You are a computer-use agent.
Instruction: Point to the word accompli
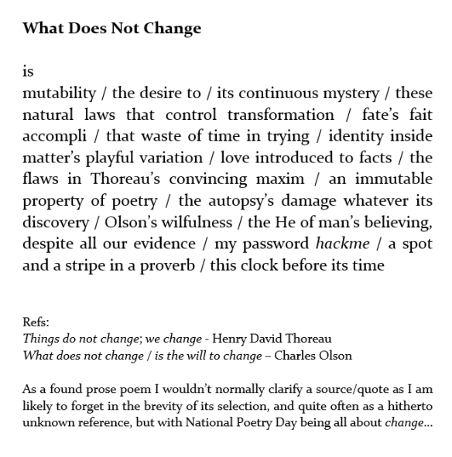click(x=53, y=137)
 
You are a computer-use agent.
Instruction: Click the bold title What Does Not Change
click(x=111, y=29)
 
